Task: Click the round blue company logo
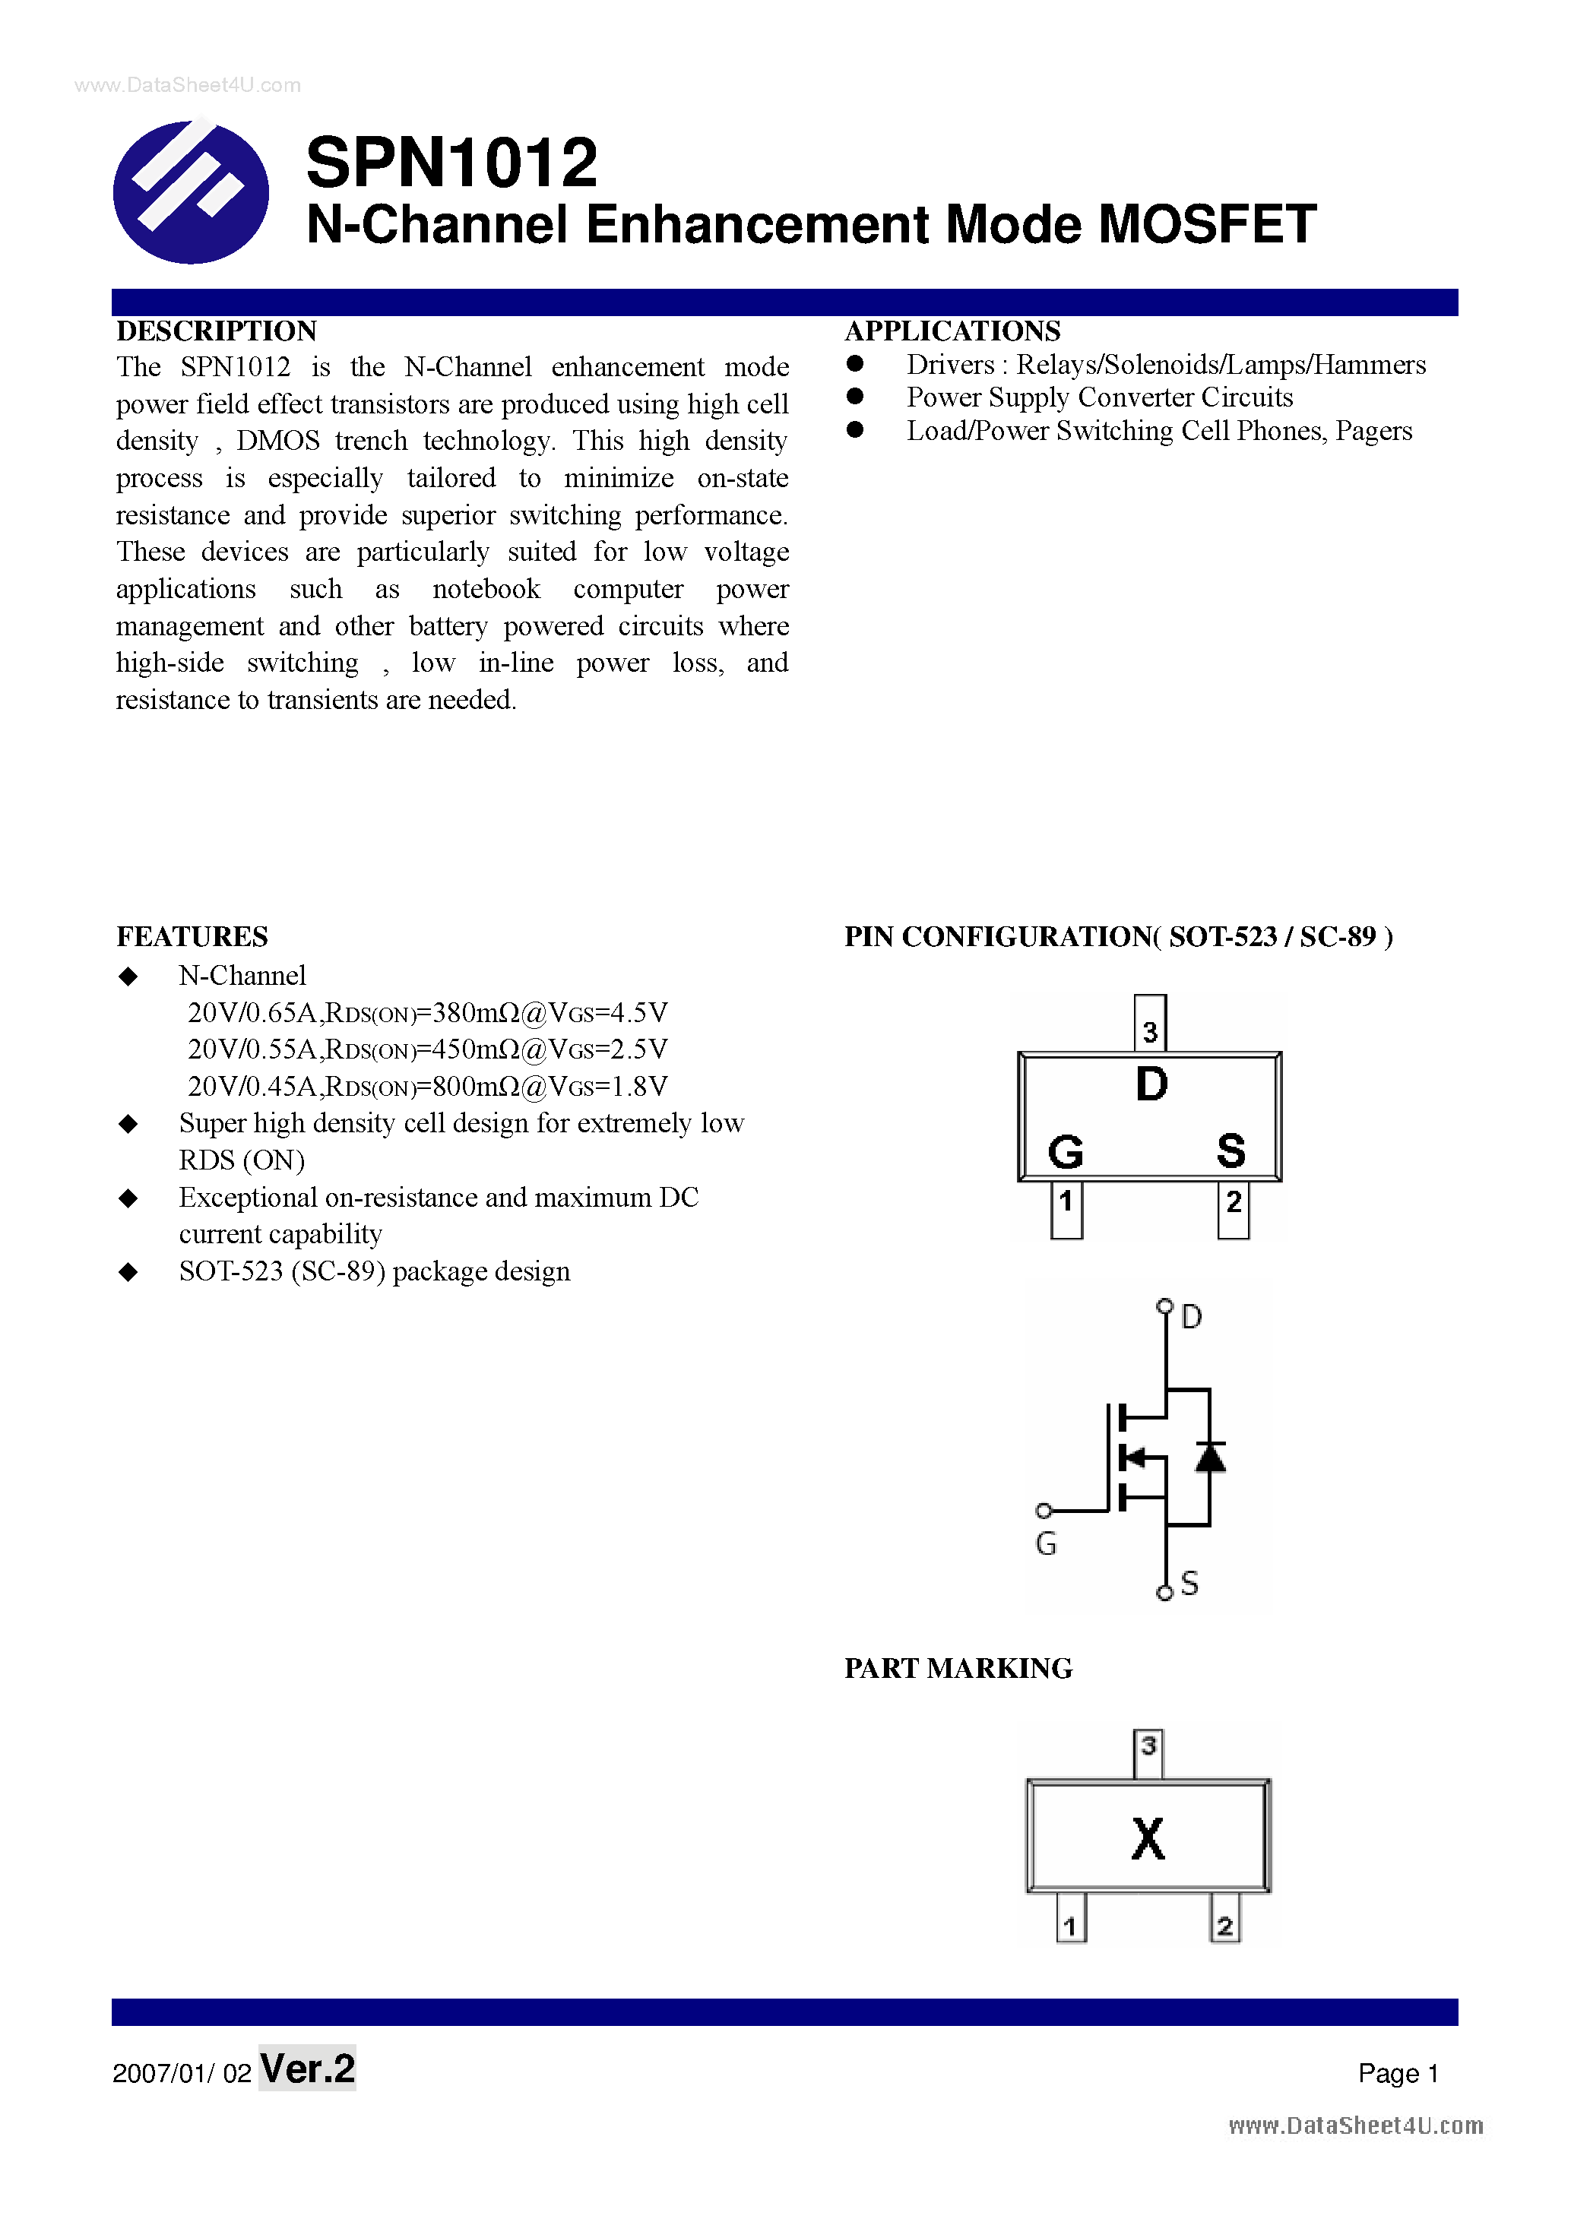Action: (x=191, y=191)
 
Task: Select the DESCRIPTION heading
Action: (x=217, y=331)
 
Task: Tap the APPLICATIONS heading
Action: (x=952, y=331)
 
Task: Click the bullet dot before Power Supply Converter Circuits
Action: (x=855, y=397)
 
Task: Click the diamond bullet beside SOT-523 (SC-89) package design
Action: (x=128, y=1271)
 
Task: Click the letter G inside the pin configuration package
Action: (x=1066, y=1151)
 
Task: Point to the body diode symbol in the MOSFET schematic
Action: (x=1210, y=1457)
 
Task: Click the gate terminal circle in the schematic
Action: (x=1044, y=1511)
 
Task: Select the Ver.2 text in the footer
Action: (x=308, y=2068)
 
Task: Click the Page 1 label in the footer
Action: (x=1398, y=2073)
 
